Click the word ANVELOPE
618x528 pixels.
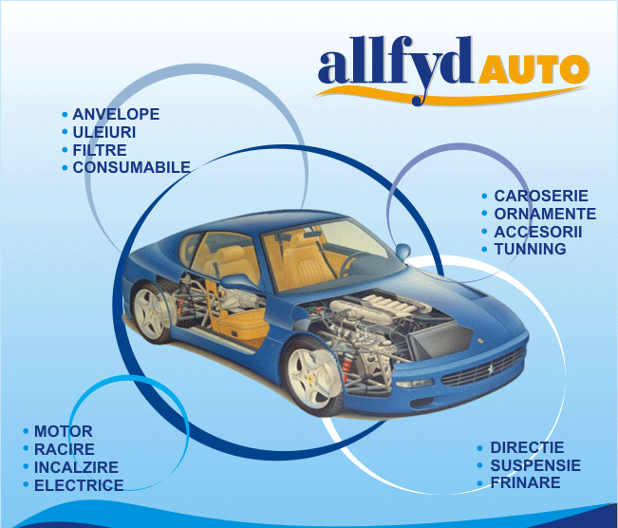(116, 114)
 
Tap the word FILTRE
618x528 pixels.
(100, 150)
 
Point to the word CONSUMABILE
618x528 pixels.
(131, 167)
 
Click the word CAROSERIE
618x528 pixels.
(541, 196)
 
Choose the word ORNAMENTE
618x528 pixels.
(545, 214)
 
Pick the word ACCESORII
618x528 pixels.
(538, 232)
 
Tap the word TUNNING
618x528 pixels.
(530, 249)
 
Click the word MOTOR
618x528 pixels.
(64, 431)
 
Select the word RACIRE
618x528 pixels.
(65, 449)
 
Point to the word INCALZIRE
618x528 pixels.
(76, 467)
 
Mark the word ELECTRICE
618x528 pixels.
(79, 485)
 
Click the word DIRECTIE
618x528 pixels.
(527, 447)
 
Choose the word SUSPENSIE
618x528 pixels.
(535, 465)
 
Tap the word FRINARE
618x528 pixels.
(525, 482)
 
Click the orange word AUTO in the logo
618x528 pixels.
(532, 69)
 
